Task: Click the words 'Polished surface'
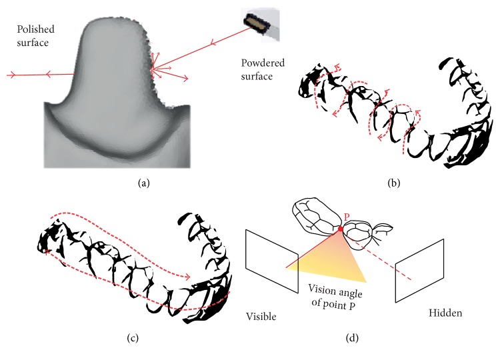36,36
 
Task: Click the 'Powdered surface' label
263,69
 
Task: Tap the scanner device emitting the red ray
257,22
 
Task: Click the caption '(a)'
143,183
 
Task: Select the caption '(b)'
394,183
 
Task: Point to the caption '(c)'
133,338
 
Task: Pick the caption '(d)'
352,338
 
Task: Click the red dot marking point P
341,229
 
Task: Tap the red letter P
347,217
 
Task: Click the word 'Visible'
261,317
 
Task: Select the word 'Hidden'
445,313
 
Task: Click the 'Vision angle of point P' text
335,297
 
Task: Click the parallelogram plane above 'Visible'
272,261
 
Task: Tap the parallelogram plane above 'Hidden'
419,271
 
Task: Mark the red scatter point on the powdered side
153,68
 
